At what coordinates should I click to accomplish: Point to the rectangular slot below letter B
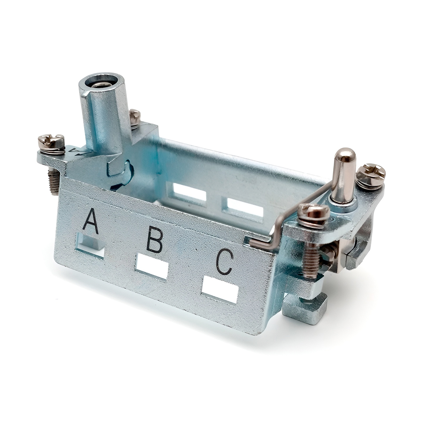pos(152,267)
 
